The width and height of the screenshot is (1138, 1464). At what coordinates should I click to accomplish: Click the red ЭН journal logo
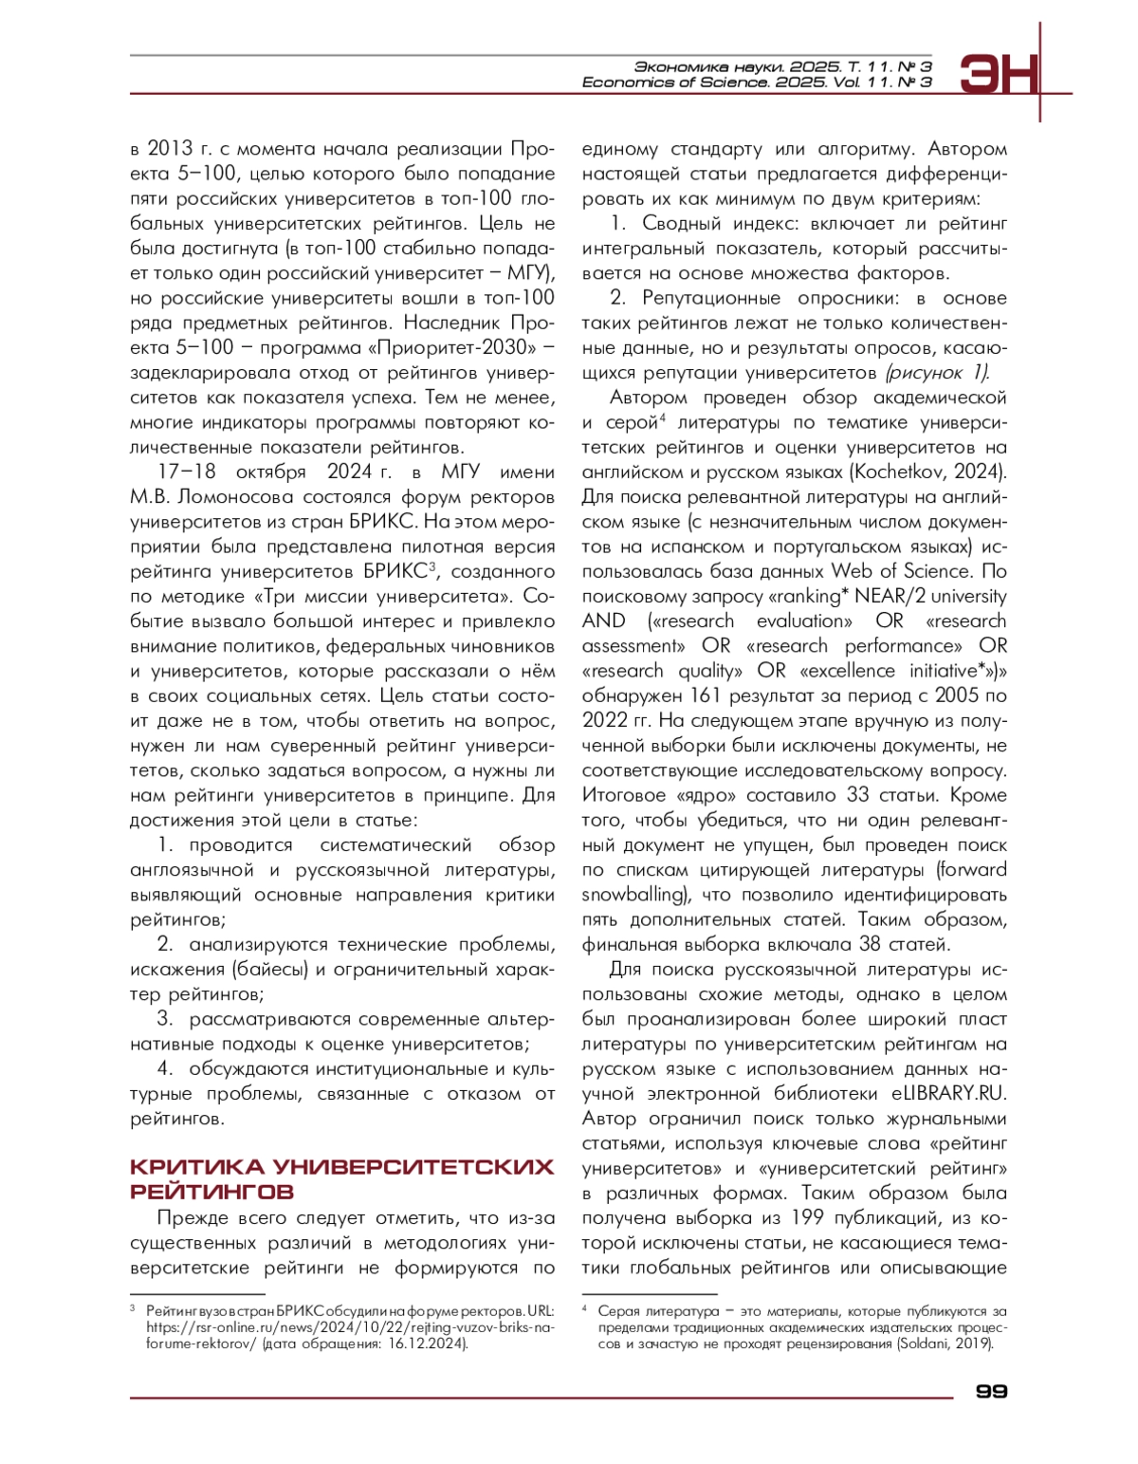[x=1000, y=74]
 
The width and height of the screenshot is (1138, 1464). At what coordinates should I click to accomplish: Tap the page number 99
[x=991, y=1391]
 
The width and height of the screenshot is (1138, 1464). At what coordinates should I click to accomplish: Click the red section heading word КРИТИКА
[x=196, y=1166]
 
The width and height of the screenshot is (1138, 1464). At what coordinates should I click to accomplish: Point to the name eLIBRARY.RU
[x=948, y=1093]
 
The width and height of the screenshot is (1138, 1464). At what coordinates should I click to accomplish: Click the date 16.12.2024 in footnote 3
[x=427, y=1344]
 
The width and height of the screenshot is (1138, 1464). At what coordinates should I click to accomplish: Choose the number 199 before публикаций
[x=807, y=1217]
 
